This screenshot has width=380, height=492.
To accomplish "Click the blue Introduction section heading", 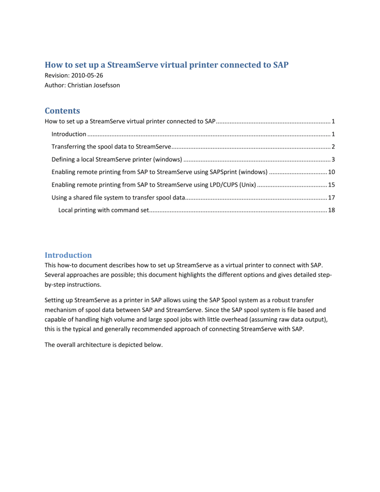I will pyautogui.click(x=68, y=255).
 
